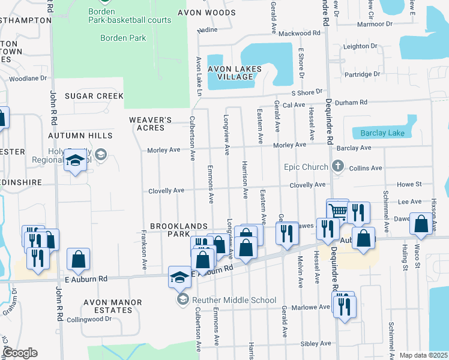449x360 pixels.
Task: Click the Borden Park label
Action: click(x=123, y=38)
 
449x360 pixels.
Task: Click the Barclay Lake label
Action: click(x=382, y=133)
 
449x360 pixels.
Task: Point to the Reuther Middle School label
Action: click(x=234, y=300)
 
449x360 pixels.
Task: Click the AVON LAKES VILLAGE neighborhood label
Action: click(x=235, y=73)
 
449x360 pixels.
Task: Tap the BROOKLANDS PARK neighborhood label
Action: click(x=178, y=230)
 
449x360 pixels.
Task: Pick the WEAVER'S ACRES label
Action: click(x=146, y=124)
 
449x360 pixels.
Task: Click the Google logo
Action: click(x=19, y=353)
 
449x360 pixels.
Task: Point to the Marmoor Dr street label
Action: click(x=374, y=24)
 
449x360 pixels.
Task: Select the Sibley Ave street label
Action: click(x=315, y=344)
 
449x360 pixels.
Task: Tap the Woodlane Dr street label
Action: click(x=28, y=78)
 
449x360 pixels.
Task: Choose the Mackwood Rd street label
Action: click(x=300, y=33)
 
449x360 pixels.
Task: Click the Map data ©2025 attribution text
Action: click(x=423, y=355)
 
